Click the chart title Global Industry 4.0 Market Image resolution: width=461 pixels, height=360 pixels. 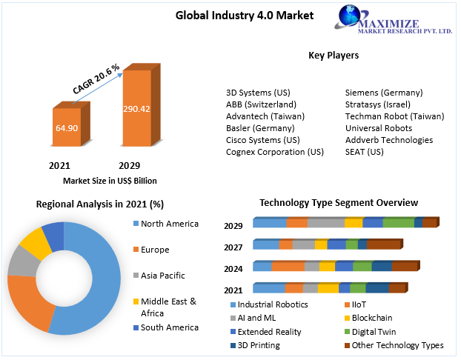(x=233, y=15)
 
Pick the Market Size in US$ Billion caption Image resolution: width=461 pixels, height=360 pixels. (x=110, y=180)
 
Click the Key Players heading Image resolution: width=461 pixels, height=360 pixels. (x=334, y=56)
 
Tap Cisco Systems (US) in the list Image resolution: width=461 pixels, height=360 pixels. (x=262, y=140)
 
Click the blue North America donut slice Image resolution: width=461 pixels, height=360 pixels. (x=96, y=281)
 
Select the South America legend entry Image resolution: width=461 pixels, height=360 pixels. (x=169, y=327)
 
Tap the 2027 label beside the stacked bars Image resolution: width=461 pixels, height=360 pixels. (x=233, y=247)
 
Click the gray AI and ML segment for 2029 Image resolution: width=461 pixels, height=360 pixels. (x=326, y=222)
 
